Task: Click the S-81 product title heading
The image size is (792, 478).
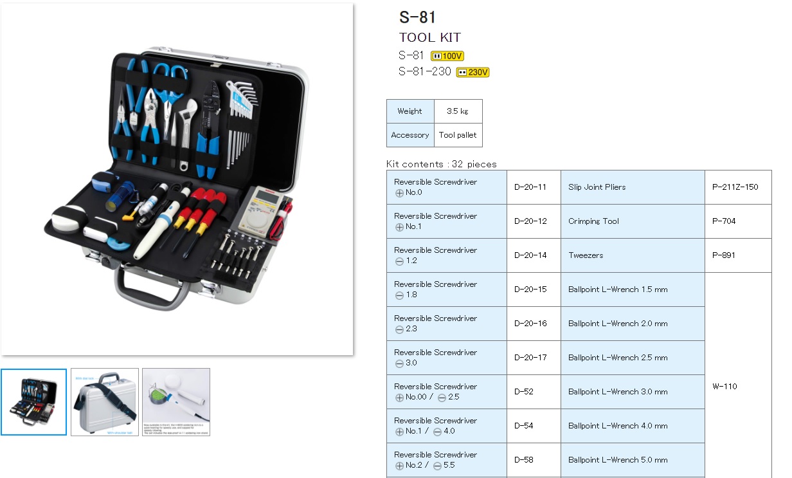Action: click(417, 17)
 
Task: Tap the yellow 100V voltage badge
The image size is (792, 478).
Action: click(447, 56)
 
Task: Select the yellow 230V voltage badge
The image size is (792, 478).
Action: click(473, 72)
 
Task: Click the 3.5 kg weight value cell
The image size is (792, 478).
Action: click(458, 111)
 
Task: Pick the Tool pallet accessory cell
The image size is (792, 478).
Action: click(458, 135)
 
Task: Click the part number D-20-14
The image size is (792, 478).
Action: click(530, 255)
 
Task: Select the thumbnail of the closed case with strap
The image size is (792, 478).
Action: click(105, 401)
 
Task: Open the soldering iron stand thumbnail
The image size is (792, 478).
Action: click(176, 401)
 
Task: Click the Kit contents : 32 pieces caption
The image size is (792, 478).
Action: click(441, 164)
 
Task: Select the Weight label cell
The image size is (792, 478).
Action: click(410, 111)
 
